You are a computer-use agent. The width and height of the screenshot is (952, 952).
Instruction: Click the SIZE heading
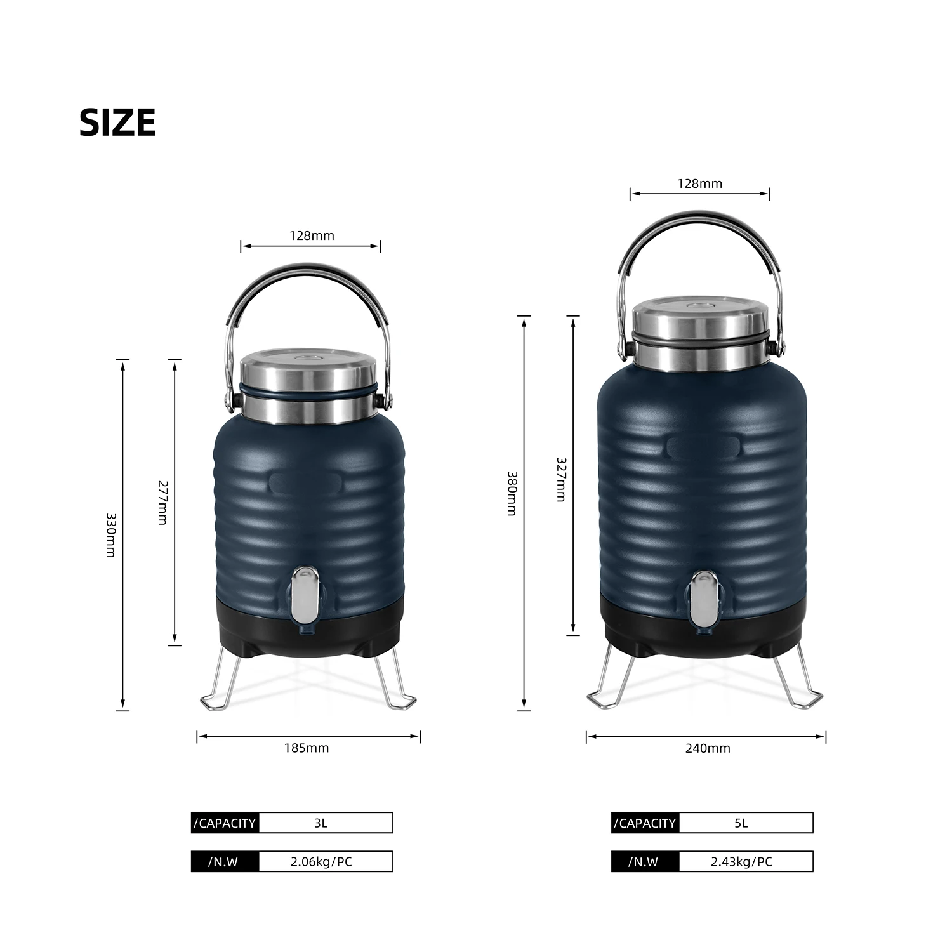click(x=117, y=122)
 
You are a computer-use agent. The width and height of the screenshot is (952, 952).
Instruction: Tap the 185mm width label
click(x=307, y=748)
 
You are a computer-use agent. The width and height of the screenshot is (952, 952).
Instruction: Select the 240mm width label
click(x=708, y=748)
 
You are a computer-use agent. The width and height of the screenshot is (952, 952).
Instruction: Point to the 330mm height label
click(x=111, y=535)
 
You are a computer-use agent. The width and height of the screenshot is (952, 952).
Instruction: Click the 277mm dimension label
click(x=162, y=502)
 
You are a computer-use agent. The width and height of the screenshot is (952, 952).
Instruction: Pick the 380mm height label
click(x=512, y=493)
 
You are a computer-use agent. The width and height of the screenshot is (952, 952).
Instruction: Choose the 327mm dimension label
click(x=561, y=480)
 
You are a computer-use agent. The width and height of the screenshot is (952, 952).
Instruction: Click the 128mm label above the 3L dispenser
click(x=312, y=235)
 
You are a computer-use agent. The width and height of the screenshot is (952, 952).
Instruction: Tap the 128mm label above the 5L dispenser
click(x=700, y=183)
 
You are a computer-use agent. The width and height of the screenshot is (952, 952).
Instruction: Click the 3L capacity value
click(x=321, y=823)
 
